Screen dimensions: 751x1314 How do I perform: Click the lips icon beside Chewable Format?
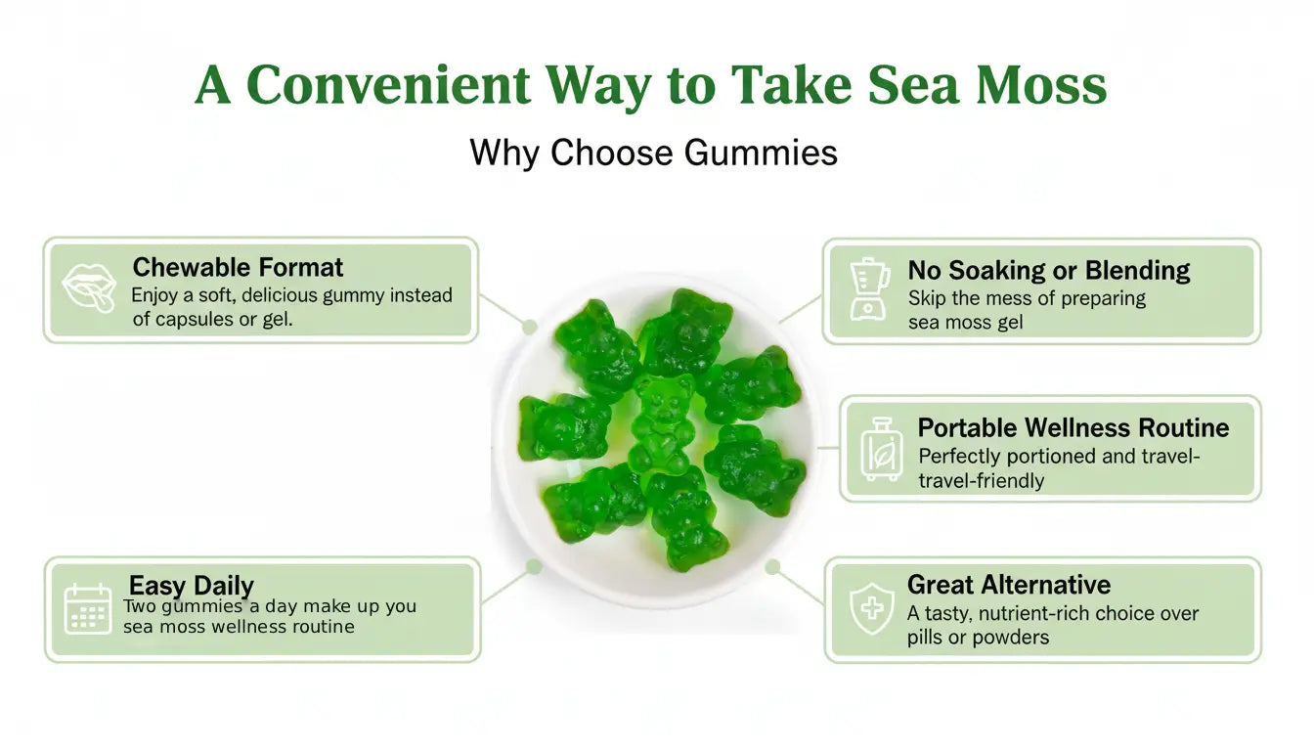89,288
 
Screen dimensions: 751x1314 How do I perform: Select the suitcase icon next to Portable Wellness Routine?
881,450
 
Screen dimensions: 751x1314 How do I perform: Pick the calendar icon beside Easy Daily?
88,608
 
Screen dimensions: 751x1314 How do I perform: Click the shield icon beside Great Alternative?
871,609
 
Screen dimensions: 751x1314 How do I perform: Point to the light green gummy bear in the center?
663,422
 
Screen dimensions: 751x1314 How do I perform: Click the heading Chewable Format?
238,267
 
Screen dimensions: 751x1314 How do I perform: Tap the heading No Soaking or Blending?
1048,270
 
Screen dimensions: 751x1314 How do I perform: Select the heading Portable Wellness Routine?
1073,427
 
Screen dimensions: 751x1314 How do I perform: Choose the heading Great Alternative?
1008,585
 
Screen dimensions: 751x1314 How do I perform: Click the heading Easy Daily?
192,586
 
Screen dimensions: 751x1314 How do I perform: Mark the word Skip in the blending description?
929,298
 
